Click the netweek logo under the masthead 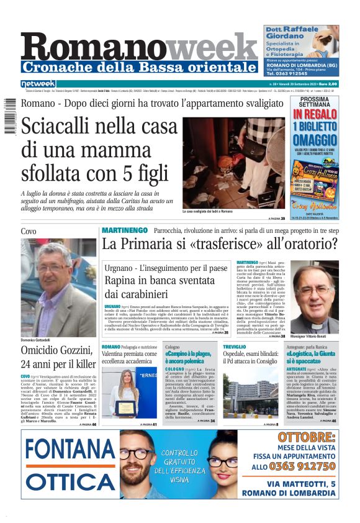pos(38,83)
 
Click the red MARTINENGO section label pos(124,230)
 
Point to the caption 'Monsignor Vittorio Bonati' pos(312,336)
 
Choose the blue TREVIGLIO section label pos(235,346)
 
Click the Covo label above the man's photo pos(29,231)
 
